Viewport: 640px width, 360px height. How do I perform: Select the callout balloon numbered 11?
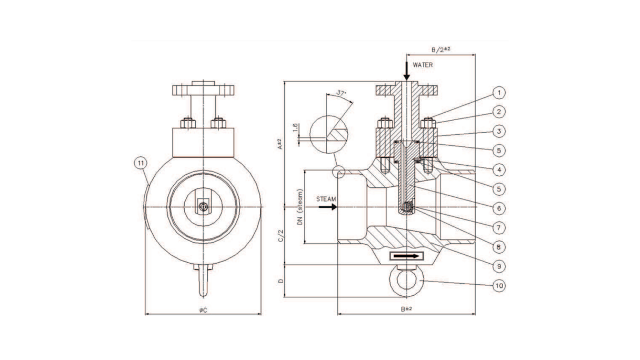coord(141,163)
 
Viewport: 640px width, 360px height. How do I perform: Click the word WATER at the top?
coord(423,65)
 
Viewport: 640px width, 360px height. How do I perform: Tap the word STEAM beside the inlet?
coord(325,199)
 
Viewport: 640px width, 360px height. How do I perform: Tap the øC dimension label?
coord(203,311)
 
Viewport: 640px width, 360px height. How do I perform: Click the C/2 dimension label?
coord(281,235)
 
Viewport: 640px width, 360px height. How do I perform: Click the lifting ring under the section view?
coord(407,282)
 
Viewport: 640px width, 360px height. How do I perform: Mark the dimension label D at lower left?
coord(281,281)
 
